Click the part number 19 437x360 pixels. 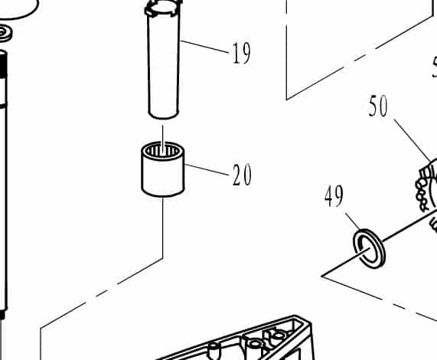tap(240, 54)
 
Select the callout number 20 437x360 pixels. tap(241, 176)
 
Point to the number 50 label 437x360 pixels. tap(378, 106)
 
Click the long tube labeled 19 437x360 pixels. tap(163, 73)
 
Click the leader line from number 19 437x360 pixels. tap(206, 47)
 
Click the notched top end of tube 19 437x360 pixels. tap(162, 11)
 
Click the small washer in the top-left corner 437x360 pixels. tap(5, 33)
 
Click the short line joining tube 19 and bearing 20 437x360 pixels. tap(162, 130)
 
